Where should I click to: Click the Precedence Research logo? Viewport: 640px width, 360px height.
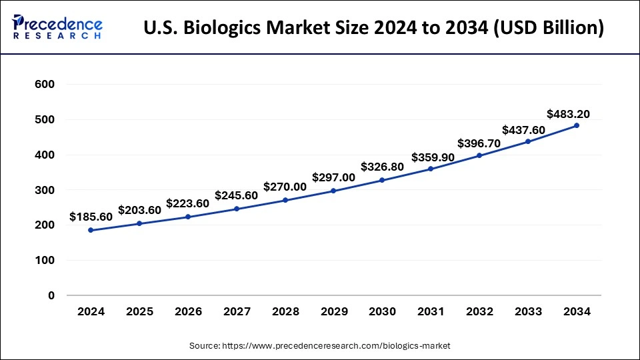(x=57, y=29)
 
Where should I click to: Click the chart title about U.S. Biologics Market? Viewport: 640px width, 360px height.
(x=373, y=29)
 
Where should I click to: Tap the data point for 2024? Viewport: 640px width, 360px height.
(x=91, y=230)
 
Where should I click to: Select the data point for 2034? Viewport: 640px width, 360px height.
(x=577, y=125)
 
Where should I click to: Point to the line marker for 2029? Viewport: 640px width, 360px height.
(x=333, y=191)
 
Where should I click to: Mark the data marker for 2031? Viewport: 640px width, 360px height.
(x=431, y=169)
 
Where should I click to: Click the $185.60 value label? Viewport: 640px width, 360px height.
(x=91, y=217)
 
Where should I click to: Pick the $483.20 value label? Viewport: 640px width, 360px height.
(x=568, y=113)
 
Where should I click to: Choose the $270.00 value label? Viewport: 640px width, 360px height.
(x=285, y=187)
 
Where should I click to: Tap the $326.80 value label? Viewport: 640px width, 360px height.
(x=382, y=167)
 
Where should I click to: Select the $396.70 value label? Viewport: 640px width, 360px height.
(x=479, y=143)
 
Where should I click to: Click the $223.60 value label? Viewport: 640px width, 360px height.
(x=187, y=203)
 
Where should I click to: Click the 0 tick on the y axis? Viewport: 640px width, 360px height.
(x=51, y=295)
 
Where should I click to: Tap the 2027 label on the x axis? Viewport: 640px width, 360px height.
(x=236, y=312)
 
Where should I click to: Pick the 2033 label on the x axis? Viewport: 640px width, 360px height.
(x=528, y=312)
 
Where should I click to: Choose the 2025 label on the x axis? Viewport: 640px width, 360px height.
(x=139, y=312)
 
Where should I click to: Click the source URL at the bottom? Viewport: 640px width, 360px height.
(x=320, y=345)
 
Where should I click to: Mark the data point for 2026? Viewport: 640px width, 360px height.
(x=188, y=217)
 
